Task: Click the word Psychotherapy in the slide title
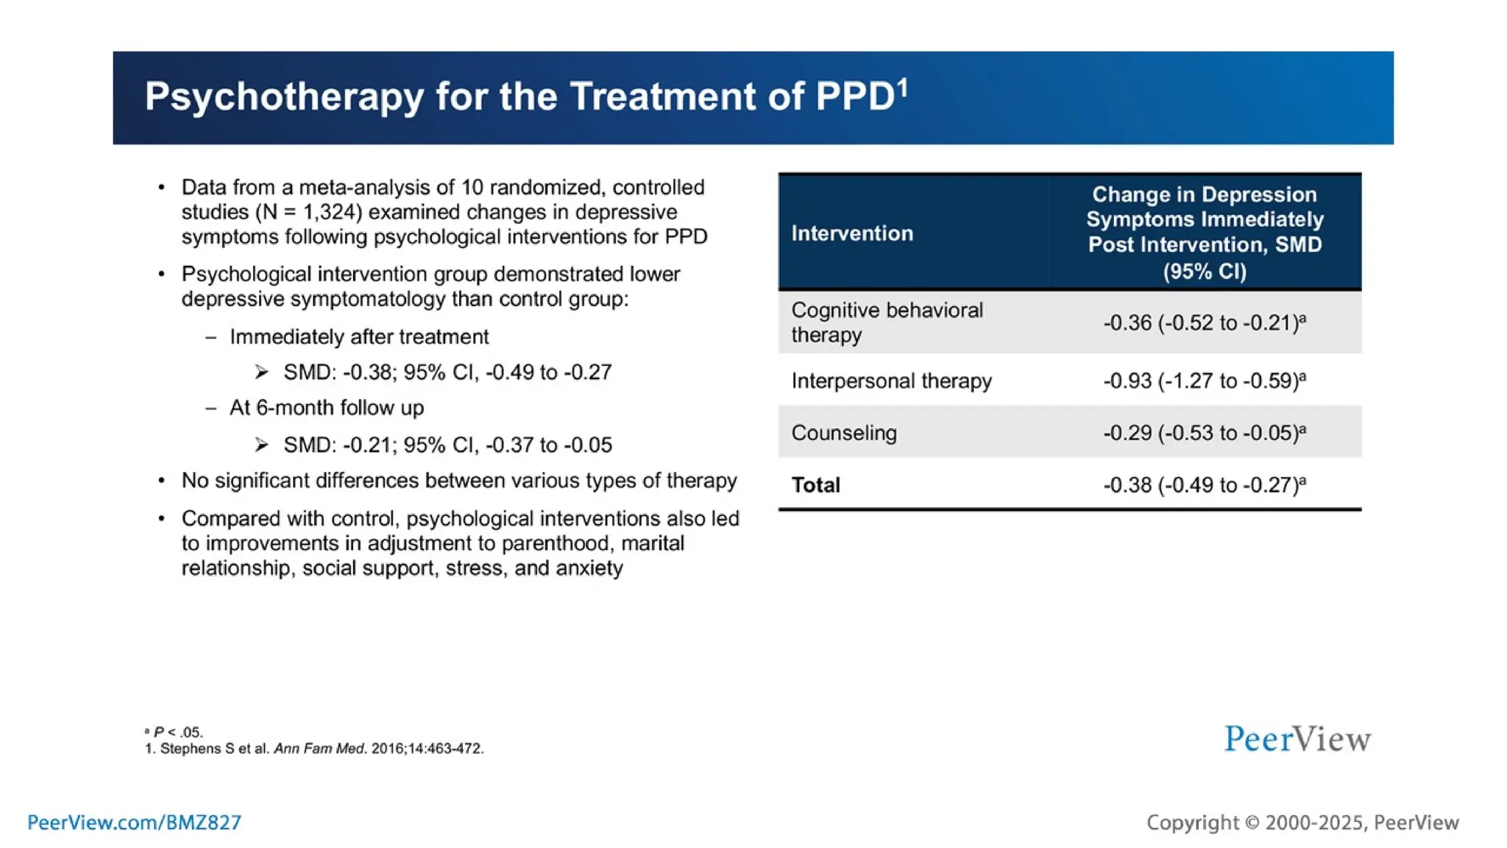284,97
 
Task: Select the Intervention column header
851,233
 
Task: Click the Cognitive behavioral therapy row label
887,322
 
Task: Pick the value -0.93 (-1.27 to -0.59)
1204,381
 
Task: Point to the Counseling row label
844,433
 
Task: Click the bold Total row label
815,485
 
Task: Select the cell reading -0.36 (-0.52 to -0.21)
1204,323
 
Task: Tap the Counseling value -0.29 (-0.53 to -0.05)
1204,433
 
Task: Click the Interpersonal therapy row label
891,381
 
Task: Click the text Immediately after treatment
359,336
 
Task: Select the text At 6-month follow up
327,408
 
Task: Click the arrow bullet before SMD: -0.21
262,445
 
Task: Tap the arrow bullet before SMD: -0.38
262,372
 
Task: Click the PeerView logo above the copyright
1297,739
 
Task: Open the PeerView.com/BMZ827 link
134,822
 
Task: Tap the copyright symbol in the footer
1252,823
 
